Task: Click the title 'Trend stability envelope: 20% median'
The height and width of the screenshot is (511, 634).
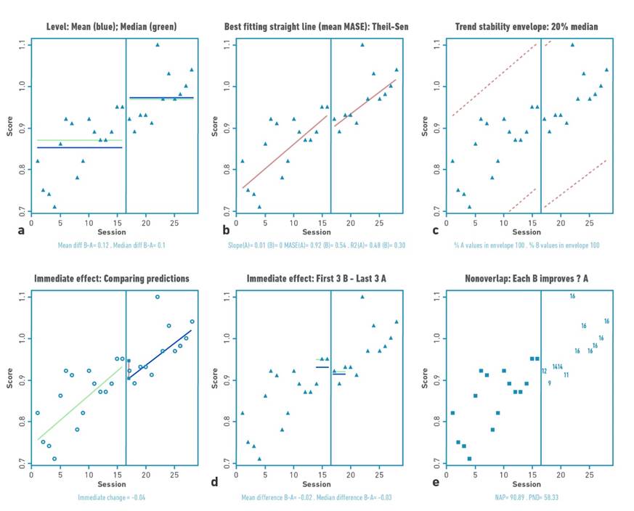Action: tap(527, 27)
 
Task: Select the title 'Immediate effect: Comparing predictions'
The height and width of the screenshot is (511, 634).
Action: tap(112, 279)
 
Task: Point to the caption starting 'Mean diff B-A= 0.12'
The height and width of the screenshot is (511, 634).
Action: tap(112, 245)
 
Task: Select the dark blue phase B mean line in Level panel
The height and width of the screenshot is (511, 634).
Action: tap(161, 97)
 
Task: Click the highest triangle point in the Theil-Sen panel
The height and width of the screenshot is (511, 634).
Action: tap(362, 44)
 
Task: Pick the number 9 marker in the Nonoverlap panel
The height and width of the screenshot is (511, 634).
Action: tap(550, 383)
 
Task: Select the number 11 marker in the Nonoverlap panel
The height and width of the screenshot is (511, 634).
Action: tap(566, 375)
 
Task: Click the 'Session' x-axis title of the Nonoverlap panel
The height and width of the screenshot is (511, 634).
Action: tap(527, 484)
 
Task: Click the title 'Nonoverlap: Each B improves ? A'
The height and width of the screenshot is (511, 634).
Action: tap(527, 279)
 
